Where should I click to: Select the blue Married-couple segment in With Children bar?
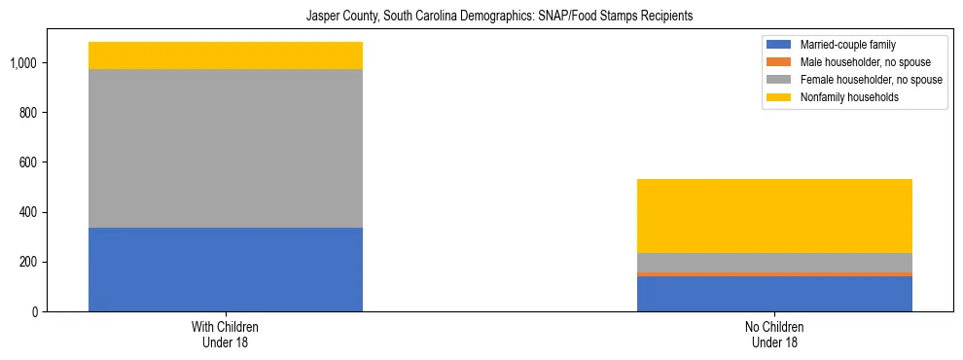coord(226,270)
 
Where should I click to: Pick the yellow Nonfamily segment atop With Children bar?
coord(226,55)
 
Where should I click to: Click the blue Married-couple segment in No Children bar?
coord(774,294)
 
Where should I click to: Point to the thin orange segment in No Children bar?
coord(774,274)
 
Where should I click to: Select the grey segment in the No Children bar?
coord(774,262)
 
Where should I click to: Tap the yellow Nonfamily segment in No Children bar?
coord(774,216)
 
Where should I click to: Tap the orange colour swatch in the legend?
coord(779,62)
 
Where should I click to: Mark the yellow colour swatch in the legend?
coord(779,97)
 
